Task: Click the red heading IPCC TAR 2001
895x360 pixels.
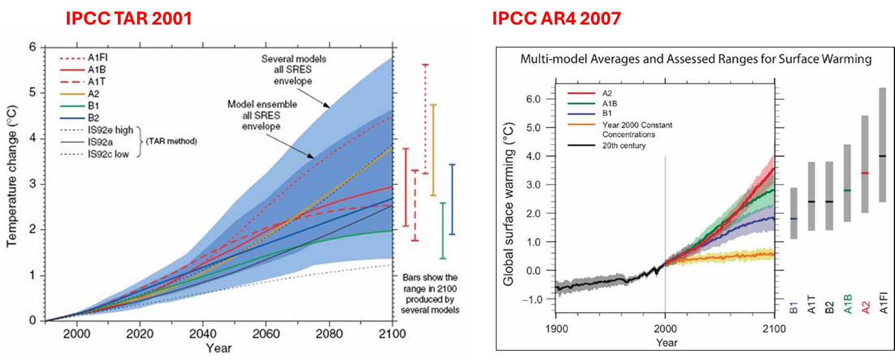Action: point(128,19)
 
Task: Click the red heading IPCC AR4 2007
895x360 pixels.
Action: point(557,19)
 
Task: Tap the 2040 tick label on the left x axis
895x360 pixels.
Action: point(203,334)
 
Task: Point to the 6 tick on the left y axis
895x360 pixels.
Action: point(33,47)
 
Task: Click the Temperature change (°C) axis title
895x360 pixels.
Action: point(11,177)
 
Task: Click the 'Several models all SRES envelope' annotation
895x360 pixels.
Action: point(294,70)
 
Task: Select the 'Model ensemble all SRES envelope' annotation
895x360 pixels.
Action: point(262,115)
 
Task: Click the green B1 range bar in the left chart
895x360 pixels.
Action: point(443,230)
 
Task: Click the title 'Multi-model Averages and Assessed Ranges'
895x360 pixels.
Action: point(696,59)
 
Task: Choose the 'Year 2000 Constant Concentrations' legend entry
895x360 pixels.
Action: point(637,129)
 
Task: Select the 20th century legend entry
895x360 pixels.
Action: point(624,146)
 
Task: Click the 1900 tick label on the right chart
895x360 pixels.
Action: point(556,329)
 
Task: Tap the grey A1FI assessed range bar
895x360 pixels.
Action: point(883,145)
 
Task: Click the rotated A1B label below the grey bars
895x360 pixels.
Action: point(848,304)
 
